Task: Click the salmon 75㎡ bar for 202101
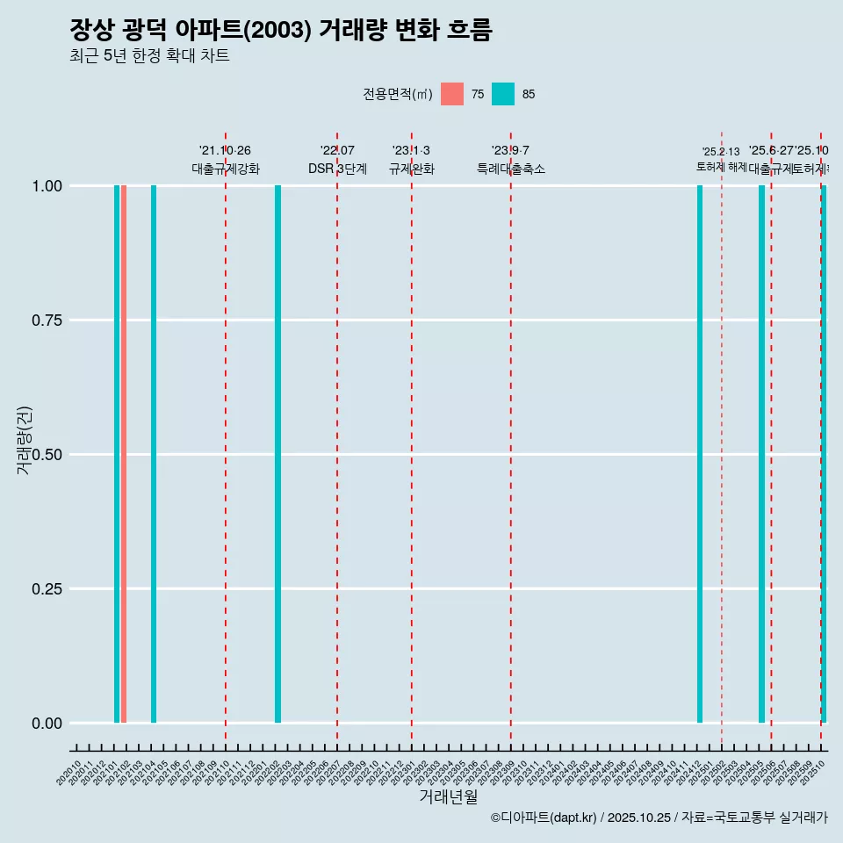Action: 124,454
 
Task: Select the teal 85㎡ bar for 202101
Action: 117,454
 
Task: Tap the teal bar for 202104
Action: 154,454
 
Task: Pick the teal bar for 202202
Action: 277,454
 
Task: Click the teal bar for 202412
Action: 700,454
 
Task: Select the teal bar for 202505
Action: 761,454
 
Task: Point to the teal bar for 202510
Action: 824,454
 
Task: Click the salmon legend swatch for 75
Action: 452,94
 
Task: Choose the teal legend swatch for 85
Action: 503,94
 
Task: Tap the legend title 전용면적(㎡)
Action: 397,94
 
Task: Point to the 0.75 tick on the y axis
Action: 46,321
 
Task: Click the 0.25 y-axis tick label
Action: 46,589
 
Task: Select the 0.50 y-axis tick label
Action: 46,455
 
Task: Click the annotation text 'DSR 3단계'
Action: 337,169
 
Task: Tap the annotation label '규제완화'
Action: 411,169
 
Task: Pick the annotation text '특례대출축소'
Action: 511,169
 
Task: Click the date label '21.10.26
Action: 225,151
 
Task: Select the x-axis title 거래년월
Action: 448,797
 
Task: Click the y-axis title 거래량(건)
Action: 25,441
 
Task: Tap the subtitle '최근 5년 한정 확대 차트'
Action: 149,56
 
